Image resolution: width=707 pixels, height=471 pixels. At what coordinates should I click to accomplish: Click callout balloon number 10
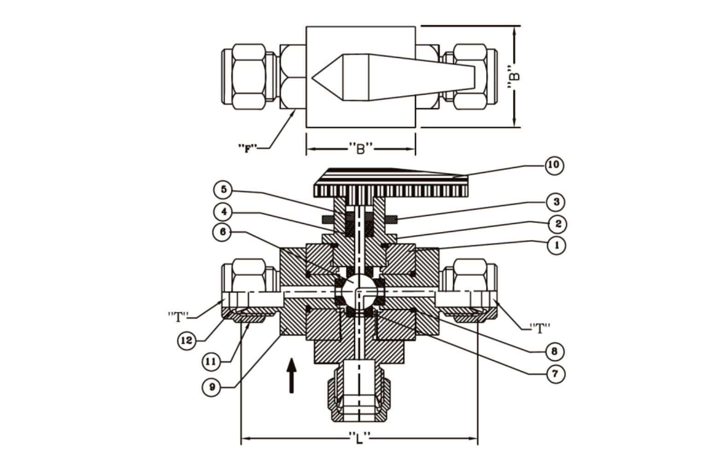pyautogui.click(x=554, y=165)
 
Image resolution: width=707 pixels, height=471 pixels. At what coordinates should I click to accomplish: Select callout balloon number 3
pyautogui.click(x=556, y=201)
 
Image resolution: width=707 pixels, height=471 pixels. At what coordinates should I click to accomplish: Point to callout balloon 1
pyautogui.click(x=556, y=245)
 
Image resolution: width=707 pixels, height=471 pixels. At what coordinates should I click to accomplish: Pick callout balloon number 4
pyautogui.click(x=224, y=212)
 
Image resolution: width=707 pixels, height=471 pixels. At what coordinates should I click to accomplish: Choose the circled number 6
pyautogui.click(x=223, y=232)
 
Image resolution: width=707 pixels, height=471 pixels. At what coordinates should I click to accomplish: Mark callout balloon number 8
pyautogui.click(x=554, y=352)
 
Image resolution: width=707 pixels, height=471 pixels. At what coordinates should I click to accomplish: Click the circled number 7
pyautogui.click(x=555, y=374)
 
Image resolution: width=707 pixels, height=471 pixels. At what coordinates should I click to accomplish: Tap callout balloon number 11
pyautogui.click(x=211, y=362)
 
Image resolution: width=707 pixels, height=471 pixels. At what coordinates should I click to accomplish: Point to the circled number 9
pyautogui.click(x=212, y=387)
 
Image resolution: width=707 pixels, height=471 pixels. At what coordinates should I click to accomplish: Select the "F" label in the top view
pyautogui.click(x=248, y=148)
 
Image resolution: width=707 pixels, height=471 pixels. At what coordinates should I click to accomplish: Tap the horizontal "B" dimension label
pyautogui.click(x=360, y=148)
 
